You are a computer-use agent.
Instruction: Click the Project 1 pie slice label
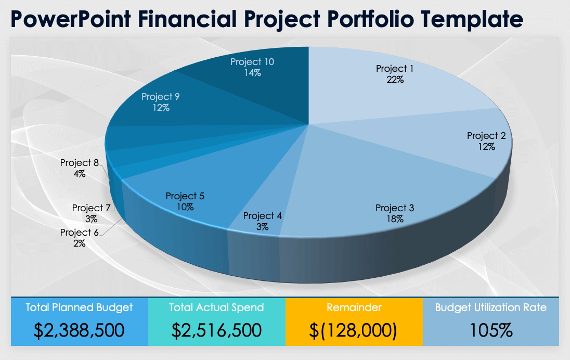pyautogui.click(x=395, y=69)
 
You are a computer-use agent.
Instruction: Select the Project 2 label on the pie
pyautogui.click(x=486, y=136)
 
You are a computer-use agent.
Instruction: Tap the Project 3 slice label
pyautogui.click(x=395, y=208)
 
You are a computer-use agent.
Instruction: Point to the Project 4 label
pyautogui.click(x=262, y=216)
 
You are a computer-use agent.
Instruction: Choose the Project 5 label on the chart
pyautogui.click(x=185, y=196)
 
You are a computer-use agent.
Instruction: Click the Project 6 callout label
pyautogui.click(x=79, y=233)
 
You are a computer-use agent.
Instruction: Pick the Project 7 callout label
pyautogui.click(x=92, y=208)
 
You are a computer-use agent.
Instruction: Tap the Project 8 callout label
pyautogui.click(x=79, y=163)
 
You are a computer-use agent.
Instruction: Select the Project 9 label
pyautogui.click(x=161, y=97)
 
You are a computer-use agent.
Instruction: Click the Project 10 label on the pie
pyautogui.click(x=252, y=62)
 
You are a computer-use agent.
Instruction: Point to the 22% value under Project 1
pyautogui.click(x=395, y=80)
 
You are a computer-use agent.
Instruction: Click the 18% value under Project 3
pyautogui.click(x=395, y=219)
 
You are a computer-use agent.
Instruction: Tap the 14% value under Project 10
pyautogui.click(x=252, y=73)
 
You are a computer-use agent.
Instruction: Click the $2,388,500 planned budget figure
pyautogui.click(x=79, y=330)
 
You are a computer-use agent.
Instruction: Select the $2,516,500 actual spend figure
pyautogui.click(x=216, y=330)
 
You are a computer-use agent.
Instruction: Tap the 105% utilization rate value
pyautogui.click(x=490, y=330)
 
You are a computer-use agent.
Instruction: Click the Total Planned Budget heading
pyautogui.click(x=79, y=307)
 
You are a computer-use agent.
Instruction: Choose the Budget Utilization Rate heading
pyautogui.click(x=490, y=307)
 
